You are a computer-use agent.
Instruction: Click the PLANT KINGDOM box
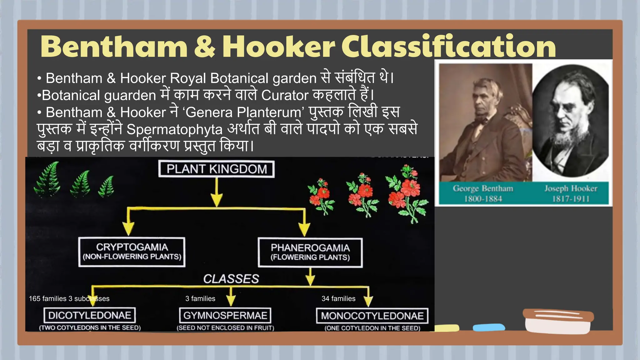pyautogui.click(x=216, y=169)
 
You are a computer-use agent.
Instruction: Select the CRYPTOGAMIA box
pyautogui.click(x=132, y=252)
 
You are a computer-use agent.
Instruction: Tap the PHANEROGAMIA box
pyautogui.click(x=310, y=252)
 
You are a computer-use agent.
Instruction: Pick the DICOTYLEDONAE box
pyautogui.click(x=90, y=315)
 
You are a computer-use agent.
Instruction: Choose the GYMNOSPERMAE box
pyautogui.click(x=225, y=315)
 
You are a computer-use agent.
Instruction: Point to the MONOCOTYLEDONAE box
pyautogui.click(x=372, y=316)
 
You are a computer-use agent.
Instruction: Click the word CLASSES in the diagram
pyautogui.click(x=231, y=279)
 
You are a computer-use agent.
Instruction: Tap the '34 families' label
pyautogui.click(x=338, y=299)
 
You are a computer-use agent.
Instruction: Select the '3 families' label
pyautogui.click(x=200, y=299)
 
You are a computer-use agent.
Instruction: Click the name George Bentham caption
pyautogui.click(x=483, y=188)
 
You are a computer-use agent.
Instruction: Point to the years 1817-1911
pyautogui.click(x=571, y=199)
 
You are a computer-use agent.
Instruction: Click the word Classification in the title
pyautogui.click(x=448, y=47)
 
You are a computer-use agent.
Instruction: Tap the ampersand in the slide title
pyautogui.click(x=205, y=47)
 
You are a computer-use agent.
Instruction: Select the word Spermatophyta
pyautogui.click(x=174, y=129)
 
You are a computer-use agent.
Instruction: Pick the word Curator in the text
pyautogui.click(x=285, y=95)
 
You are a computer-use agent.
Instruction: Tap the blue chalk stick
pyautogui.click(x=489, y=327)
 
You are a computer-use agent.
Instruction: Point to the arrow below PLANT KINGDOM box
pyautogui.click(x=217, y=192)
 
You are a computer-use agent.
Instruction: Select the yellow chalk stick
pyautogui.click(x=446, y=328)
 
